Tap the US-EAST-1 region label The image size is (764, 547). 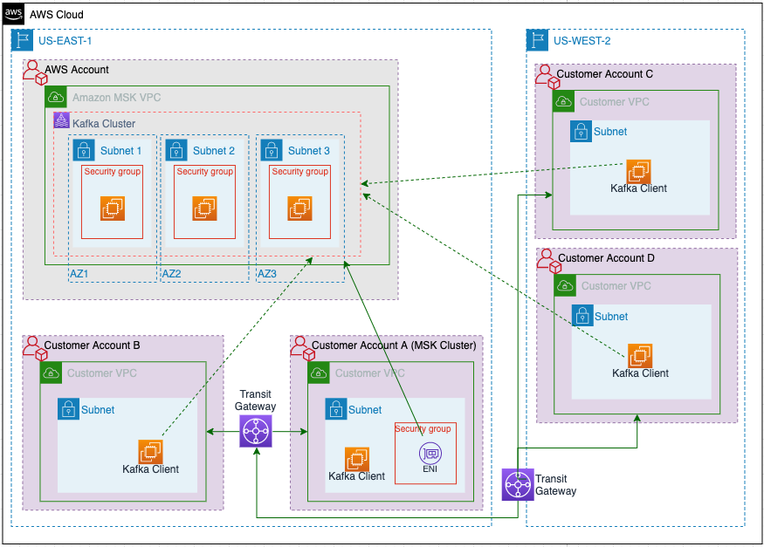(65, 40)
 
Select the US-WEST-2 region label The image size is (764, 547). (582, 40)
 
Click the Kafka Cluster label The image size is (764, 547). (104, 124)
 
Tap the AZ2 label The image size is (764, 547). (172, 274)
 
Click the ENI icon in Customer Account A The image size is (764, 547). (429, 453)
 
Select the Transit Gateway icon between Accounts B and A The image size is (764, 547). (256, 431)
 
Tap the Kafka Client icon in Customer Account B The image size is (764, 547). (150, 451)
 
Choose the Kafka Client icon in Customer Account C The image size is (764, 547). (638, 170)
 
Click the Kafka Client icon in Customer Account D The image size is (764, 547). (640, 355)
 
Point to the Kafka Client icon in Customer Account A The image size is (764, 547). (356, 459)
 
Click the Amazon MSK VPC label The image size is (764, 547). (117, 98)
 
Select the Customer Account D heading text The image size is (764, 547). (606, 258)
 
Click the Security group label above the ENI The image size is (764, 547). (423, 428)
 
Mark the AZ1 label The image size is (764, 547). (79, 274)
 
